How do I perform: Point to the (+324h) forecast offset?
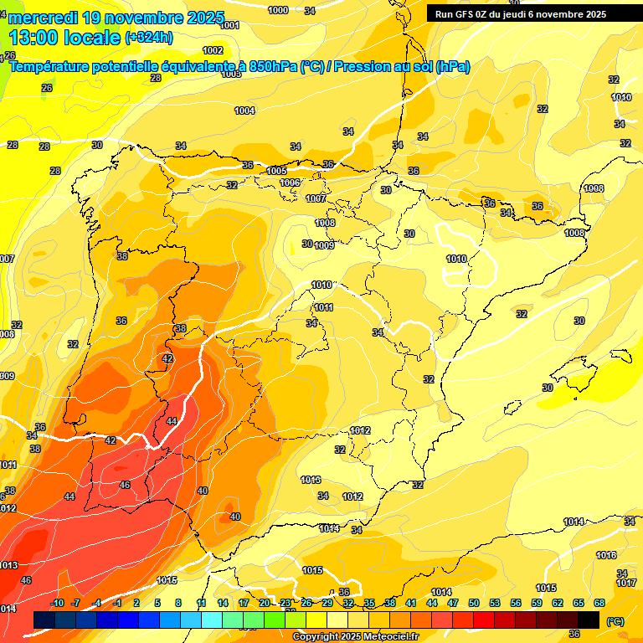[148, 38]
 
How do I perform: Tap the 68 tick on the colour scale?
[599, 603]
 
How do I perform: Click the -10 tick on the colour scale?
[57, 603]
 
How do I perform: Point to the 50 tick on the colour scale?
[474, 603]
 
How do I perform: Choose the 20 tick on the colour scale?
[265, 603]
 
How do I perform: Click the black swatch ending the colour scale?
[589, 620]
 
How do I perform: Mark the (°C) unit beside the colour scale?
[615, 621]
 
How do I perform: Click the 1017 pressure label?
[626, 583]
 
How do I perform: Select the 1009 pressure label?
[324, 245]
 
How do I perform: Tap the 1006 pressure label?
[290, 183]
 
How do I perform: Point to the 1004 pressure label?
[244, 111]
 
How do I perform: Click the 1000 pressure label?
[278, 10]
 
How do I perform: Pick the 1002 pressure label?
[213, 50]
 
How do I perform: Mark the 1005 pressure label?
[276, 171]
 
